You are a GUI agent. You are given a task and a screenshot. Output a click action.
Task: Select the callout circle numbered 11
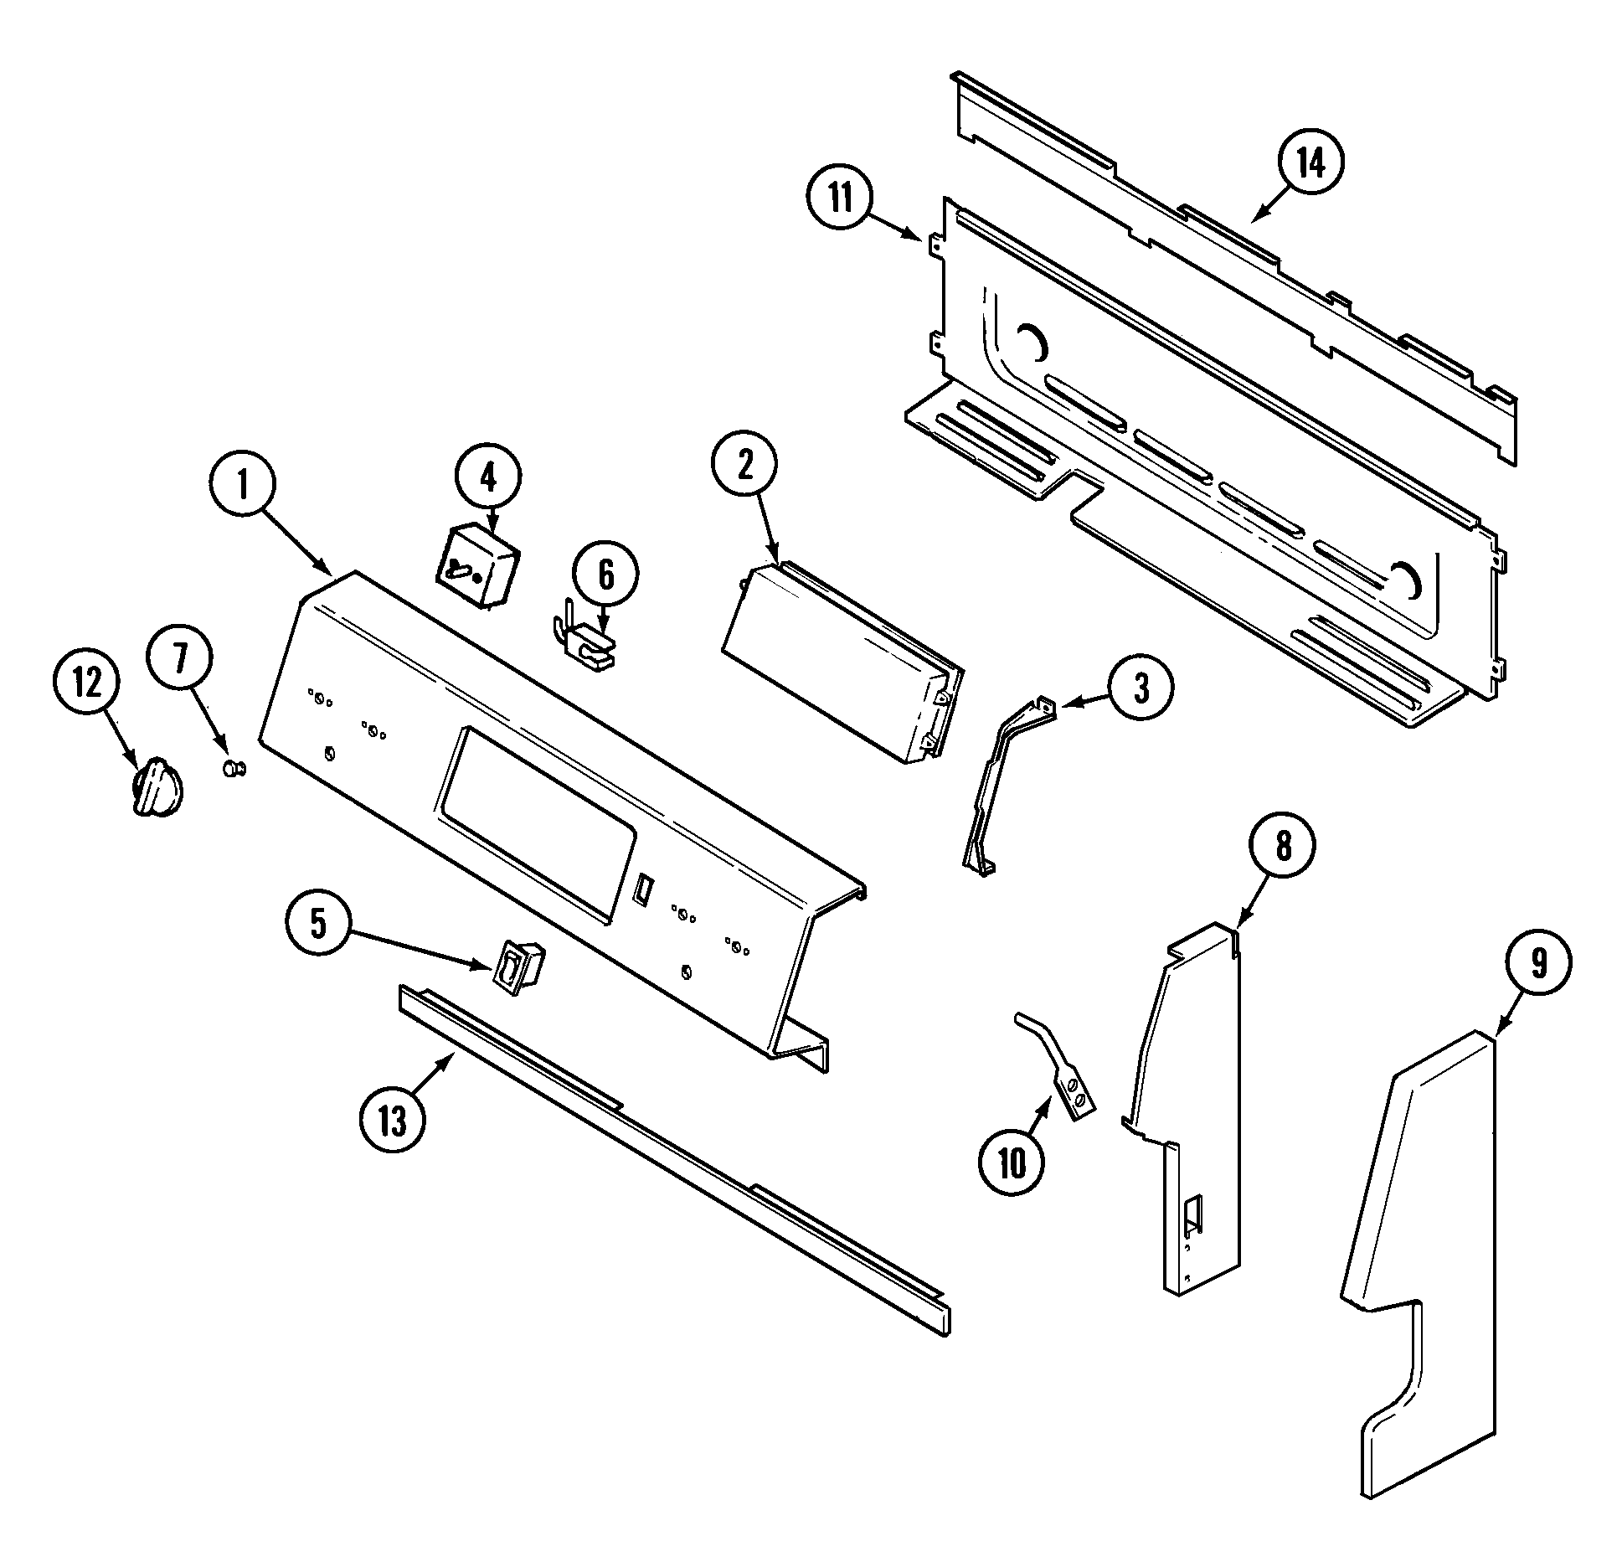click(839, 199)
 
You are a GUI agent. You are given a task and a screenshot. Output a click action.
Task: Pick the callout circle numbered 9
click(1538, 964)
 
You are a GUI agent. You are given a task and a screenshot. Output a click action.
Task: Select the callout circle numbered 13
click(392, 1121)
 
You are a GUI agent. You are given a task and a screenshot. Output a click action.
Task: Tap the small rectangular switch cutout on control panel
click(642, 889)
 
